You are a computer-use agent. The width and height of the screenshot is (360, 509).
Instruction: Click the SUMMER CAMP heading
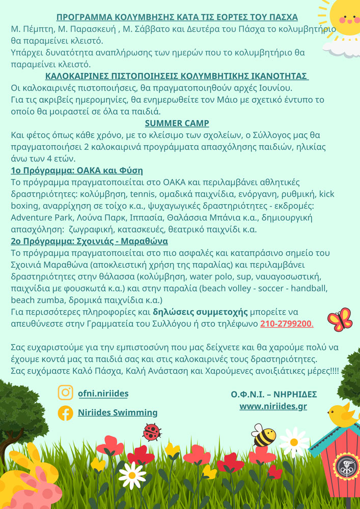click(x=177, y=123)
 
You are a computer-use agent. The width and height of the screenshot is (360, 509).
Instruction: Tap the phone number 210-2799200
click(x=286, y=324)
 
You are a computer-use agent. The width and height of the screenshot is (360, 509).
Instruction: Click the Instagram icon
click(x=65, y=393)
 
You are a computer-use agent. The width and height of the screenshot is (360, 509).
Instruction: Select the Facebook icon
click(x=65, y=413)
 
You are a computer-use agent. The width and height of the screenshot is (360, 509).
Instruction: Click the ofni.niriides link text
click(x=103, y=393)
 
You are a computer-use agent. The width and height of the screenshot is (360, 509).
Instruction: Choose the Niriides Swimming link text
click(x=118, y=413)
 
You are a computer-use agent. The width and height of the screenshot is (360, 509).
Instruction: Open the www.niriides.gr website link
click(x=273, y=406)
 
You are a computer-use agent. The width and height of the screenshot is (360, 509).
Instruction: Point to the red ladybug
click(x=152, y=432)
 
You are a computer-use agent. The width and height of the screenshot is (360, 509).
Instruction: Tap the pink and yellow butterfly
click(x=340, y=319)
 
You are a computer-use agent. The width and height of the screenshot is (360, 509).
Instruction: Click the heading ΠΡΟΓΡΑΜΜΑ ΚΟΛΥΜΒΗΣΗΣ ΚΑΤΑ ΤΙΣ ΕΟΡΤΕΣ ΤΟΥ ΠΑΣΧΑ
click(x=177, y=17)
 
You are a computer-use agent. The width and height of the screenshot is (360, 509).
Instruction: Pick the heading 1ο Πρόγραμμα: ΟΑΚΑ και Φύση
click(x=77, y=170)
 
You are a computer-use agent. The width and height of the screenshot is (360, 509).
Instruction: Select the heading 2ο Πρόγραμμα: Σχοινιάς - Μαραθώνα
click(x=90, y=241)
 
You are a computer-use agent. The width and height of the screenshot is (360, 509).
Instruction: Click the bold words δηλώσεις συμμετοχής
click(x=201, y=312)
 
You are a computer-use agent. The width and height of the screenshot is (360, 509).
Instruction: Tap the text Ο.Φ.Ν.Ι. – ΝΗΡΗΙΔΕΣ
click(x=273, y=394)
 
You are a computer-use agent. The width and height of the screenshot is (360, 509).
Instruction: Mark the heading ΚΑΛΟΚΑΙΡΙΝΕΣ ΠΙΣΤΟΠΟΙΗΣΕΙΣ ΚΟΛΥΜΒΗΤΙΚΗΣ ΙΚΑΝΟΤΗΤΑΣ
click(x=177, y=76)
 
